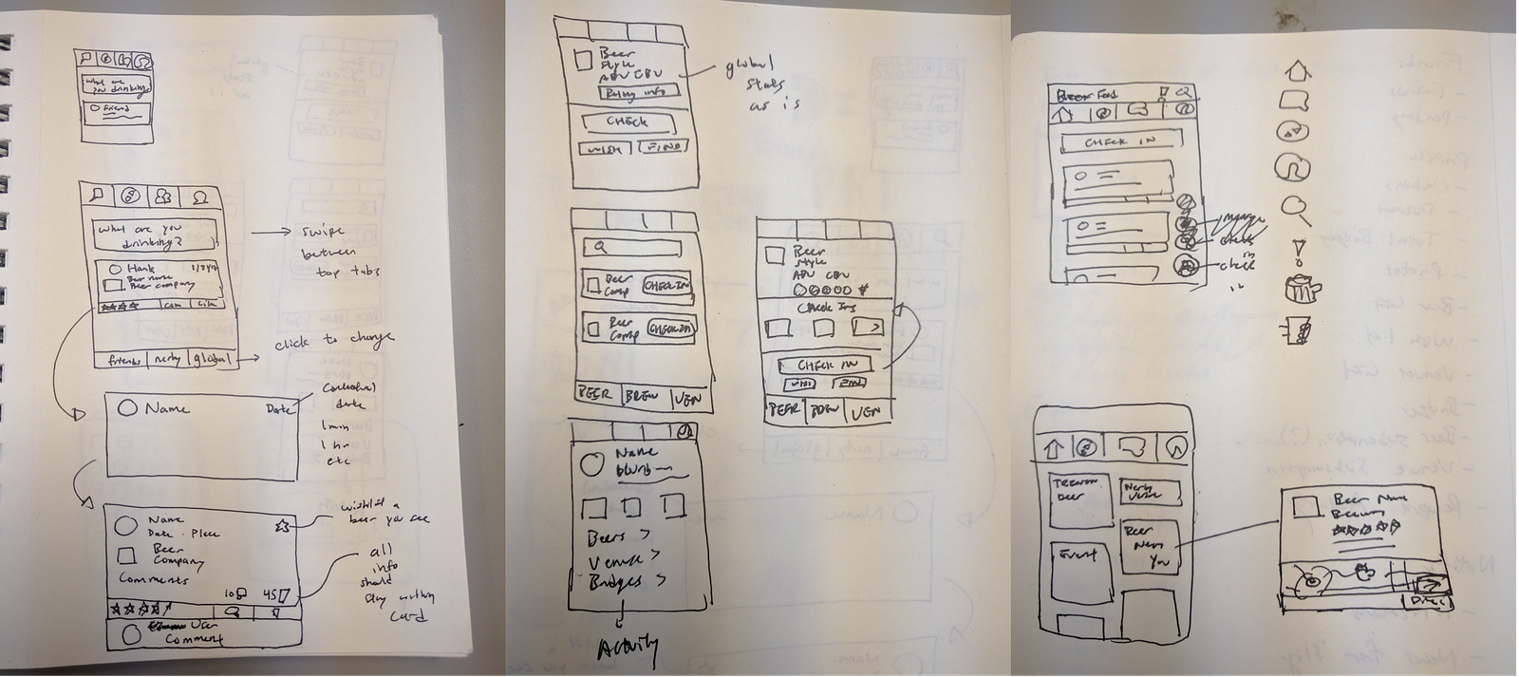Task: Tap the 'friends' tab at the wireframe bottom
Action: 122,360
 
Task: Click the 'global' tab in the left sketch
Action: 211,359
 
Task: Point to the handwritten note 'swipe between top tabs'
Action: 337,252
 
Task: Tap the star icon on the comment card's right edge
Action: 283,525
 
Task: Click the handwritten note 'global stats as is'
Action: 759,85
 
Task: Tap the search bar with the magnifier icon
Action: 631,249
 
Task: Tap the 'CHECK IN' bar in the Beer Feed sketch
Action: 1121,141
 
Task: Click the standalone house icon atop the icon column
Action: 1298,70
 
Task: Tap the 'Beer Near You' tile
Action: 1150,547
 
